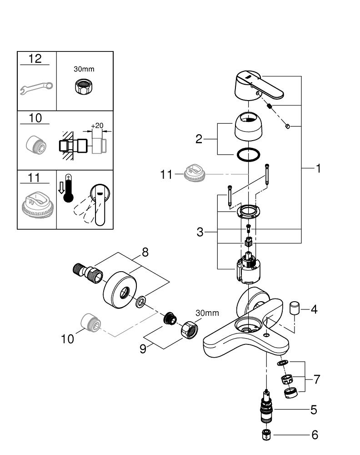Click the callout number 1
pyautogui.click(x=319, y=169)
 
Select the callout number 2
pyautogui.click(x=199, y=139)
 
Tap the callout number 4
pyautogui.click(x=314, y=309)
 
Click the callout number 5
pyautogui.click(x=314, y=409)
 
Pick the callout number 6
pyautogui.click(x=314, y=435)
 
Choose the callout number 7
pyautogui.click(x=317, y=379)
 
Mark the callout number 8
pyautogui.click(x=145, y=253)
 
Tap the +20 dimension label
pyautogui.click(x=98, y=126)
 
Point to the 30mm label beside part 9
pyautogui.click(x=207, y=313)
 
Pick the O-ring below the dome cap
pyautogui.click(x=248, y=154)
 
